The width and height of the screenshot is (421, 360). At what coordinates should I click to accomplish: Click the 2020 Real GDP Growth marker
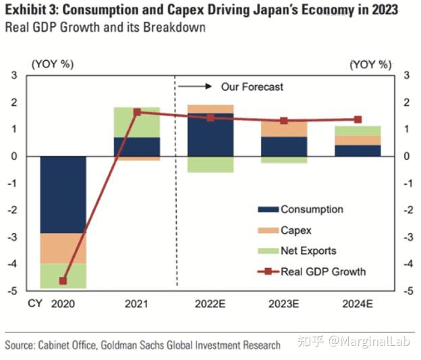pyautogui.click(x=63, y=281)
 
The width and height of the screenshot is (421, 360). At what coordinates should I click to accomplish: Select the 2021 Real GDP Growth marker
pyautogui.click(x=137, y=112)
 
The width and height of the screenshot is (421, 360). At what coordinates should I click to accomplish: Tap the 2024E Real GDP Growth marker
pyautogui.click(x=358, y=120)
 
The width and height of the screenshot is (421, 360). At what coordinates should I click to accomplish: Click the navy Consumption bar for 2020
pyautogui.click(x=63, y=195)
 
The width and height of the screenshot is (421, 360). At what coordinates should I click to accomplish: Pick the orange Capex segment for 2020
pyautogui.click(x=63, y=248)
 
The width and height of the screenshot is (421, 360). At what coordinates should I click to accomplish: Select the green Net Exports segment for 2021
pyautogui.click(x=137, y=122)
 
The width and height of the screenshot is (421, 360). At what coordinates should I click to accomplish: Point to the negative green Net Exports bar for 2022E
pyautogui.click(x=210, y=164)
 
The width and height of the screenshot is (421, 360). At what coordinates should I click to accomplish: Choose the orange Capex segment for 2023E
pyautogui.click(x=284, y=128)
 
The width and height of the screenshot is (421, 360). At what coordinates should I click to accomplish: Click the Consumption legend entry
pyautogui.click(x=311, y=209)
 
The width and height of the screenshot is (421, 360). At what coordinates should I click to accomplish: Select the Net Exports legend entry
pyautogui.click(x=308, y=251)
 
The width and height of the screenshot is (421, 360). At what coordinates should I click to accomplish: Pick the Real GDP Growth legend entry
pyautogui.click(x=322, y=272)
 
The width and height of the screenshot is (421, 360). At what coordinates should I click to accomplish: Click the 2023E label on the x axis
pyautogui.click(x=284, y=304)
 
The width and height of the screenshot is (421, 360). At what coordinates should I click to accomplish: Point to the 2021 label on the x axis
pyautogui.click(x=137, y=304)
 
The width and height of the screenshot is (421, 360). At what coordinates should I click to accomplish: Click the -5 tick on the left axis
pyautogui.click(x=13, y=291)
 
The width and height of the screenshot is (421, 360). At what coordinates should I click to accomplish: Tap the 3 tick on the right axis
pyautogui.click(x=406, y=75)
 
